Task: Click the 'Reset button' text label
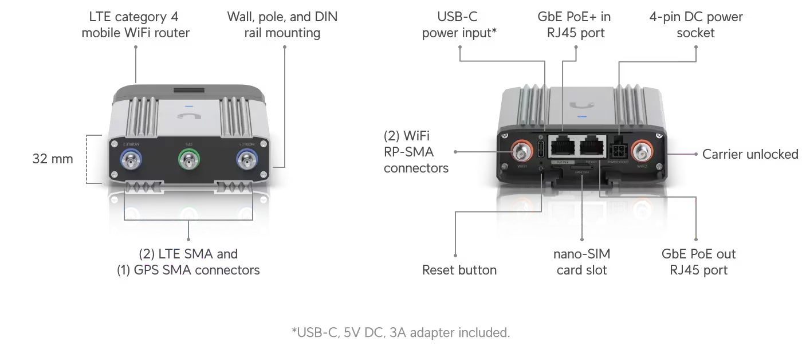461,269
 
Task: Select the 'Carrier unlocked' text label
750,154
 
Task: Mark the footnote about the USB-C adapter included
399,332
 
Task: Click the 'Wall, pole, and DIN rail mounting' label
282,26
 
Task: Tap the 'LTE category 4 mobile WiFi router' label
133,26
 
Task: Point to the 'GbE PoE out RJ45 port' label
698,262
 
